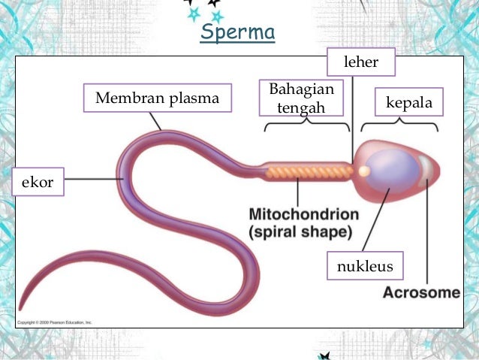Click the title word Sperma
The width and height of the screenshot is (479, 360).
tap(238, 34)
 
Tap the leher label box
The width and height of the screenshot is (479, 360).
tap(361, 63)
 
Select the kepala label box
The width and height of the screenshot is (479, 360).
tap(408, 101)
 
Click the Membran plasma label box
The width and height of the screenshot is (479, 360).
tap(158, 98)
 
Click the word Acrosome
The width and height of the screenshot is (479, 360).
tap(421, 292)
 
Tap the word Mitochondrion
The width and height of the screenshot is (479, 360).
tap(303, 215)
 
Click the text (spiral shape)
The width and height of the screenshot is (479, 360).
tap(300, 231)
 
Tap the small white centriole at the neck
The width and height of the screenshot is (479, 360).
tap(363, 171)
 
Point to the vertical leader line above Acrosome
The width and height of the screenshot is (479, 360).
tap(428, 233)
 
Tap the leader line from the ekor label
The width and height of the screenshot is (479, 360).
tap(94, 179)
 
